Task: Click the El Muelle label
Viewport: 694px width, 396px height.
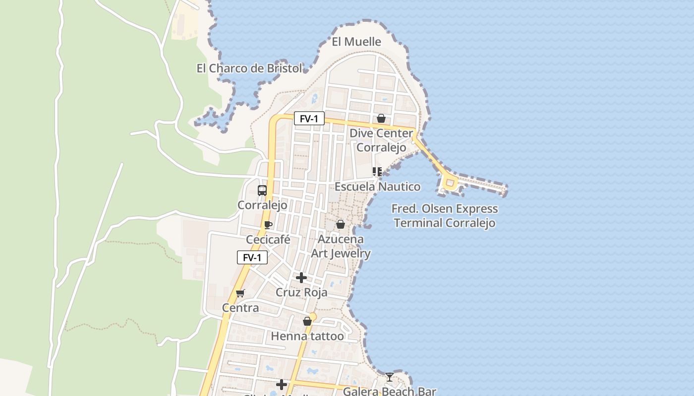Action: (x=356, y=42)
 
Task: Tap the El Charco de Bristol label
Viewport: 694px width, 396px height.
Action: (x=249, y=68)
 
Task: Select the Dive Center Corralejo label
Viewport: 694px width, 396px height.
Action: (x=381, y=140)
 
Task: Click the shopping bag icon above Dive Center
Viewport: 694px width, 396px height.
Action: (x=381, y=118)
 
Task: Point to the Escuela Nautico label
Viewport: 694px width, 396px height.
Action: (x=377, y=187)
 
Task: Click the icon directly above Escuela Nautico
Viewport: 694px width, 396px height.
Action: (x=377, y=172)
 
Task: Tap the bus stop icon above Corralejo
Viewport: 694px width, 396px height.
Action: (x=262, y=190)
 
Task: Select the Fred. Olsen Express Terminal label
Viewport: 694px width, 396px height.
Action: (x=445, y=216)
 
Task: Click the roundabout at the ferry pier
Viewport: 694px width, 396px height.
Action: (x=450, y=184)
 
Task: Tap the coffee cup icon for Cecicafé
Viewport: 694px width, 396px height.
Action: (x=268, y=225)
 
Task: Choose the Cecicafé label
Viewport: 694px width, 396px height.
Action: (x=268, y=240)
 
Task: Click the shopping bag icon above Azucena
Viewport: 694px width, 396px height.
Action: (x=341, y=224)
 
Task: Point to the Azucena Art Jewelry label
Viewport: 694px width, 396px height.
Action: (x=341, y=247)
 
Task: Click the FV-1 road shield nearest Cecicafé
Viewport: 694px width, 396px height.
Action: (x=252, y=257)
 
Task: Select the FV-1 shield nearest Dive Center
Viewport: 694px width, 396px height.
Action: (x=309, y=119)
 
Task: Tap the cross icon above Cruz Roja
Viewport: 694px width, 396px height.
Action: (x=301, y=278)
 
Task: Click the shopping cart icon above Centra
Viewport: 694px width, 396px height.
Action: (x=240, y=293)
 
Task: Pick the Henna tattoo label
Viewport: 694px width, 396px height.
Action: (x=307, y=337)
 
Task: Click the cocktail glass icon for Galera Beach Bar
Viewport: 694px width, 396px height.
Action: (x=390, y=377)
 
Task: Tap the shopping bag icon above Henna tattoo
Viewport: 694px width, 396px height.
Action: (x=307, y=321)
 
